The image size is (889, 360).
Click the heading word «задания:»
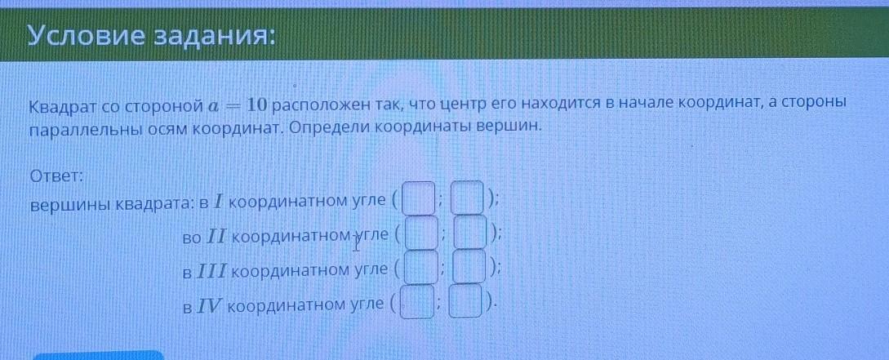coord(211,38)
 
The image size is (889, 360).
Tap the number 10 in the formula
coord(257,104)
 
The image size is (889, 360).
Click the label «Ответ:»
coord(56,176)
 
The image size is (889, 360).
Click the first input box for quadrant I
coord(419,198)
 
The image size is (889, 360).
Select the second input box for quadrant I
coord(468,197)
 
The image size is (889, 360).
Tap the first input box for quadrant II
coord(422,233)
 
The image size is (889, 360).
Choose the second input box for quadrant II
coord(471,232)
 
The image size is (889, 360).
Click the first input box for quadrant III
coord(420,267)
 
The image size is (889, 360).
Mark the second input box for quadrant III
coord(469,266)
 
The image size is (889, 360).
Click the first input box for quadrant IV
coord(417,302)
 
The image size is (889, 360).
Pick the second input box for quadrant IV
coord(467,301)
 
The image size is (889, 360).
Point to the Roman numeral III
coord(215,269)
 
